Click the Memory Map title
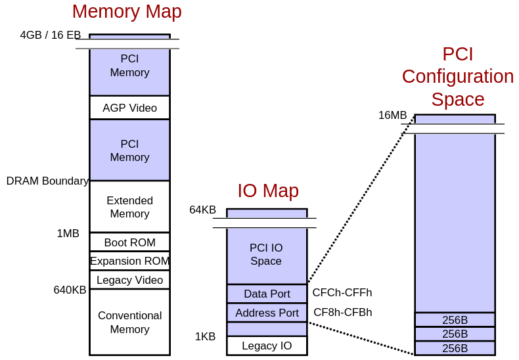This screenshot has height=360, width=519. (127, 12)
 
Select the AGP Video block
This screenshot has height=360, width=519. (129, 108)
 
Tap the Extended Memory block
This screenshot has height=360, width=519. (129, 207)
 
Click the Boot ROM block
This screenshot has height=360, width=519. (129, 242)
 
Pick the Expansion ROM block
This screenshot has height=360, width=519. (129, 261)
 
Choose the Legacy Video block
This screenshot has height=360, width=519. (129, 280)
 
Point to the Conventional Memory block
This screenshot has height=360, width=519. (129, 322)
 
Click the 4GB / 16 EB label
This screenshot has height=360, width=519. (51, 35)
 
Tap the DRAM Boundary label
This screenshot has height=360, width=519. (47, 181)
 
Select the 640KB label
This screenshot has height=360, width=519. (70, 290)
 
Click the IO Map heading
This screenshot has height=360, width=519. (268, 191)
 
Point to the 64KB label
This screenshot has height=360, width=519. (202, 210)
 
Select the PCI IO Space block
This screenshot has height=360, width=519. (266, 254)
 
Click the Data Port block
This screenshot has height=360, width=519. (267, 294)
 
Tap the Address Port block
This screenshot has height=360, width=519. (267, 313)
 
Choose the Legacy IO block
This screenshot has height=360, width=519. (267, 346)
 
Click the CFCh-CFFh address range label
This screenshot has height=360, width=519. (342, 292)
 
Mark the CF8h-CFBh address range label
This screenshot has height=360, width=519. (343, 312)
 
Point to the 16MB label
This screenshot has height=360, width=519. (392, 115)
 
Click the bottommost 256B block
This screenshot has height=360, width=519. (455, 348)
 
